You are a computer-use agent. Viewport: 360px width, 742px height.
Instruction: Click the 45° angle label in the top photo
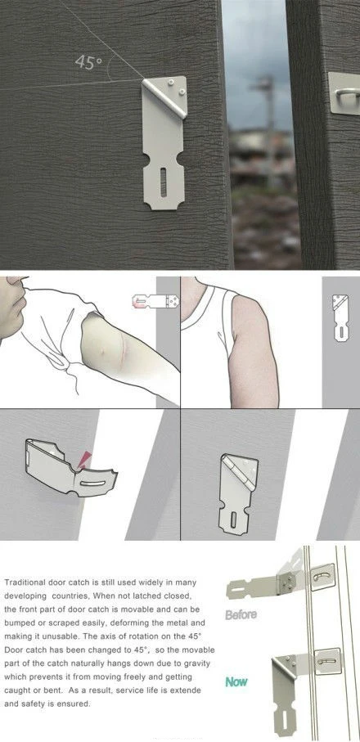click(88, 62)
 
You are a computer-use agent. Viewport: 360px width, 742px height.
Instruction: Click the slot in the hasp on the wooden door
click(163, 182)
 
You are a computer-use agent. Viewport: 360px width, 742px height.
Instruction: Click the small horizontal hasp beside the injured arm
click(155, 301)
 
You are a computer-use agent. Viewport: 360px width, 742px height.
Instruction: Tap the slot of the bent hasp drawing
click(89, 483)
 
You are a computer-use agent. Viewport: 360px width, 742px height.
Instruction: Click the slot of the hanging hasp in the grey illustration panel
click(233, 520)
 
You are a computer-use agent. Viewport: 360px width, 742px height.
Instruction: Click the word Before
click(241, 614)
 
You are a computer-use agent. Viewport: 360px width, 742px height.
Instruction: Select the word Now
click(236, 682)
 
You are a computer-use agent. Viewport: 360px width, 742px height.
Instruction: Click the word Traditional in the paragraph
click(23, 582)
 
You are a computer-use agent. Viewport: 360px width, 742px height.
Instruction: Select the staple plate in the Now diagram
click(327, 662)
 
